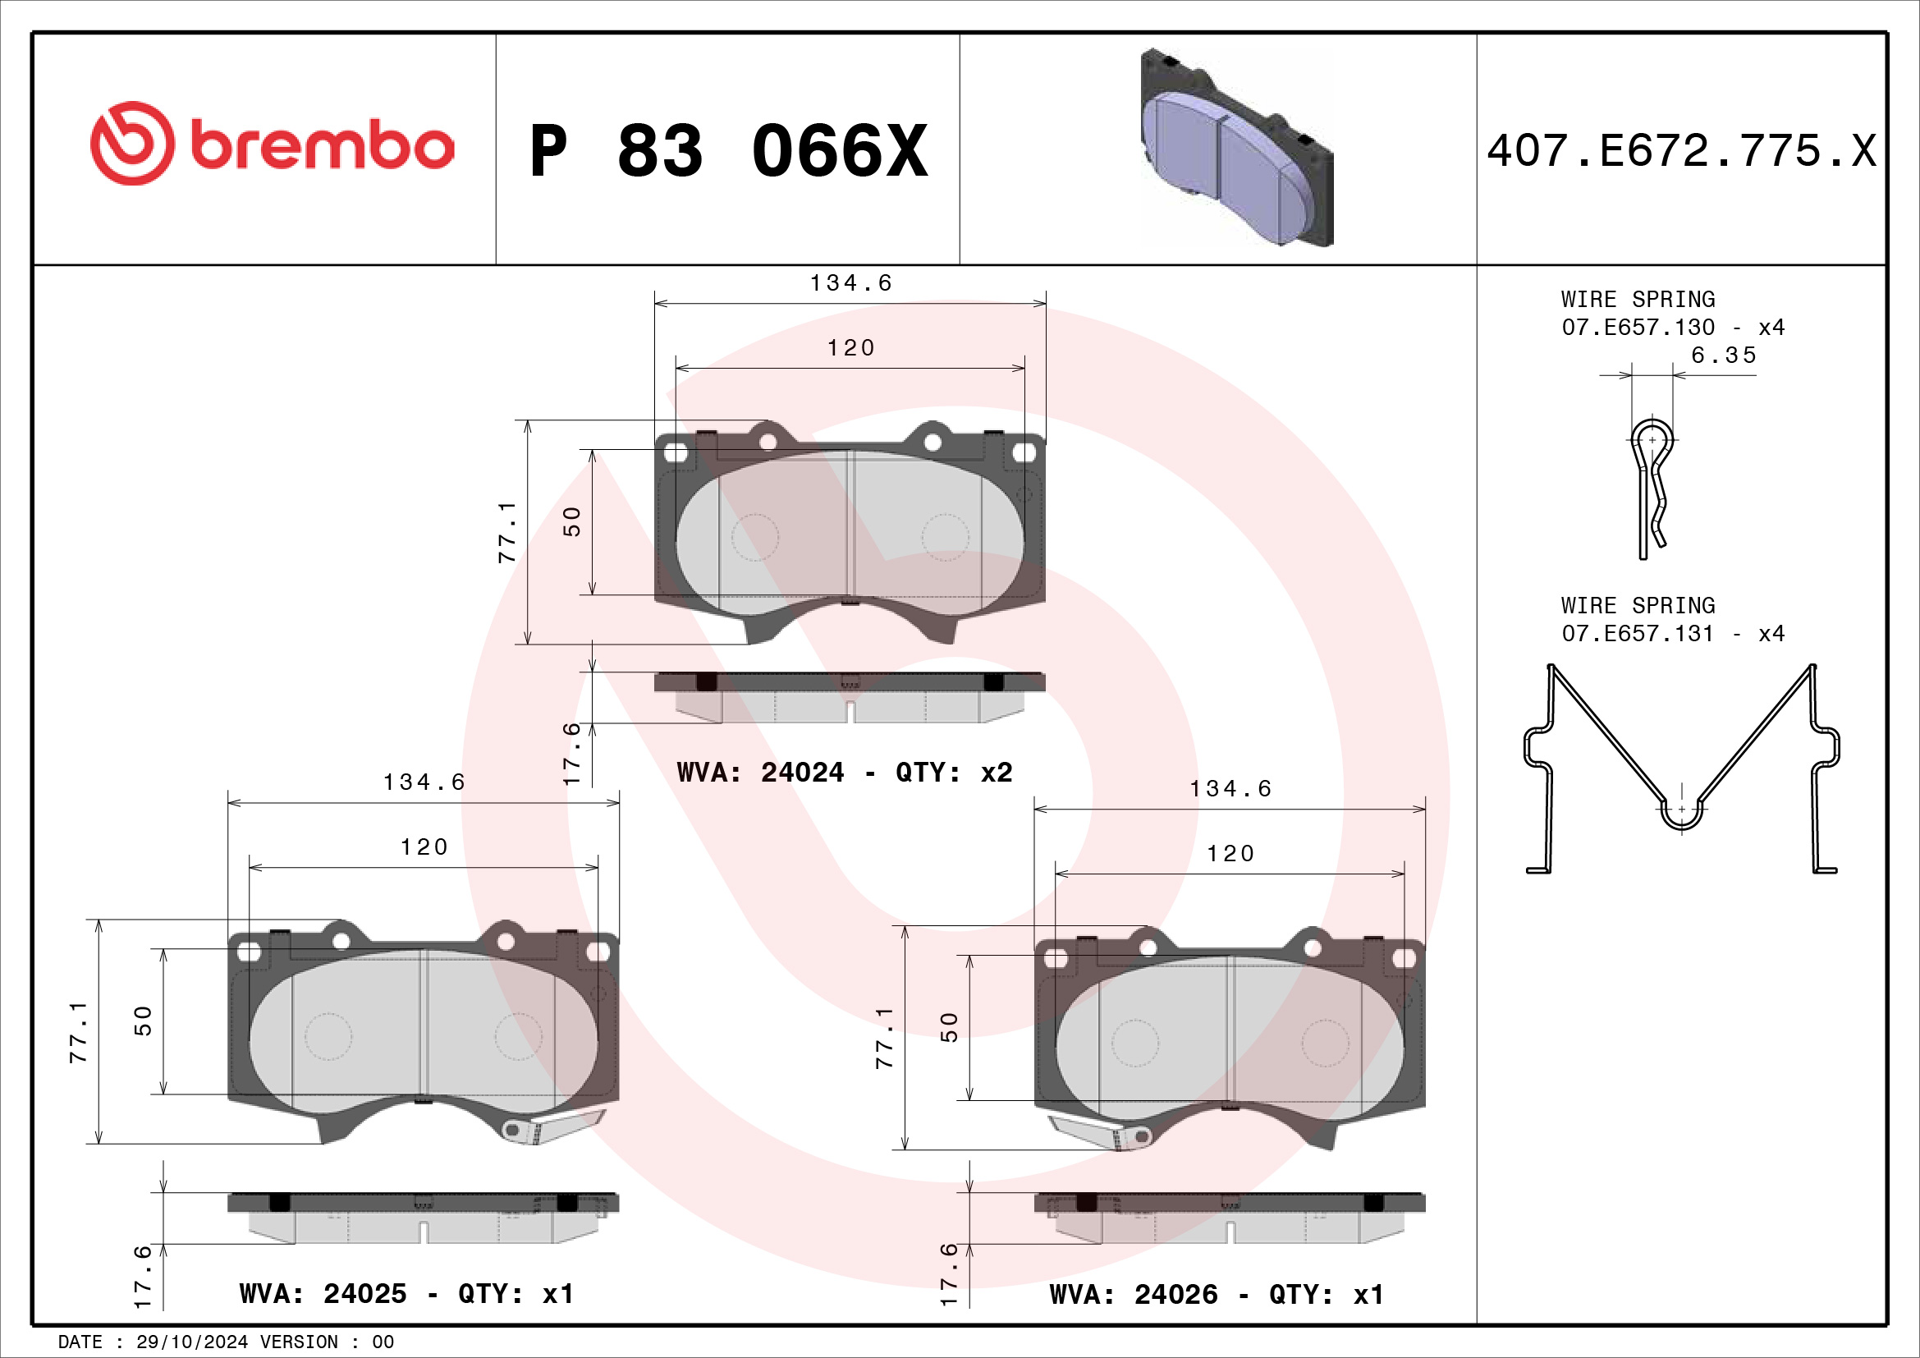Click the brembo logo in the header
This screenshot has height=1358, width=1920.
(272, 144)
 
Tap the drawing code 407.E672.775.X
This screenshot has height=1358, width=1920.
(1682, 151)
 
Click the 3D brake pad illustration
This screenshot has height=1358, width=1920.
(1237, 147)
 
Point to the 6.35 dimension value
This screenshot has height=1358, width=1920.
(1724, 356)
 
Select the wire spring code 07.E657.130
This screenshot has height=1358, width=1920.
(1638, 327)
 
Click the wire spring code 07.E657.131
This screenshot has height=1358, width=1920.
(1638, 633)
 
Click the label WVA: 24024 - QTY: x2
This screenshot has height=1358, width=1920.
(845, 772)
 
